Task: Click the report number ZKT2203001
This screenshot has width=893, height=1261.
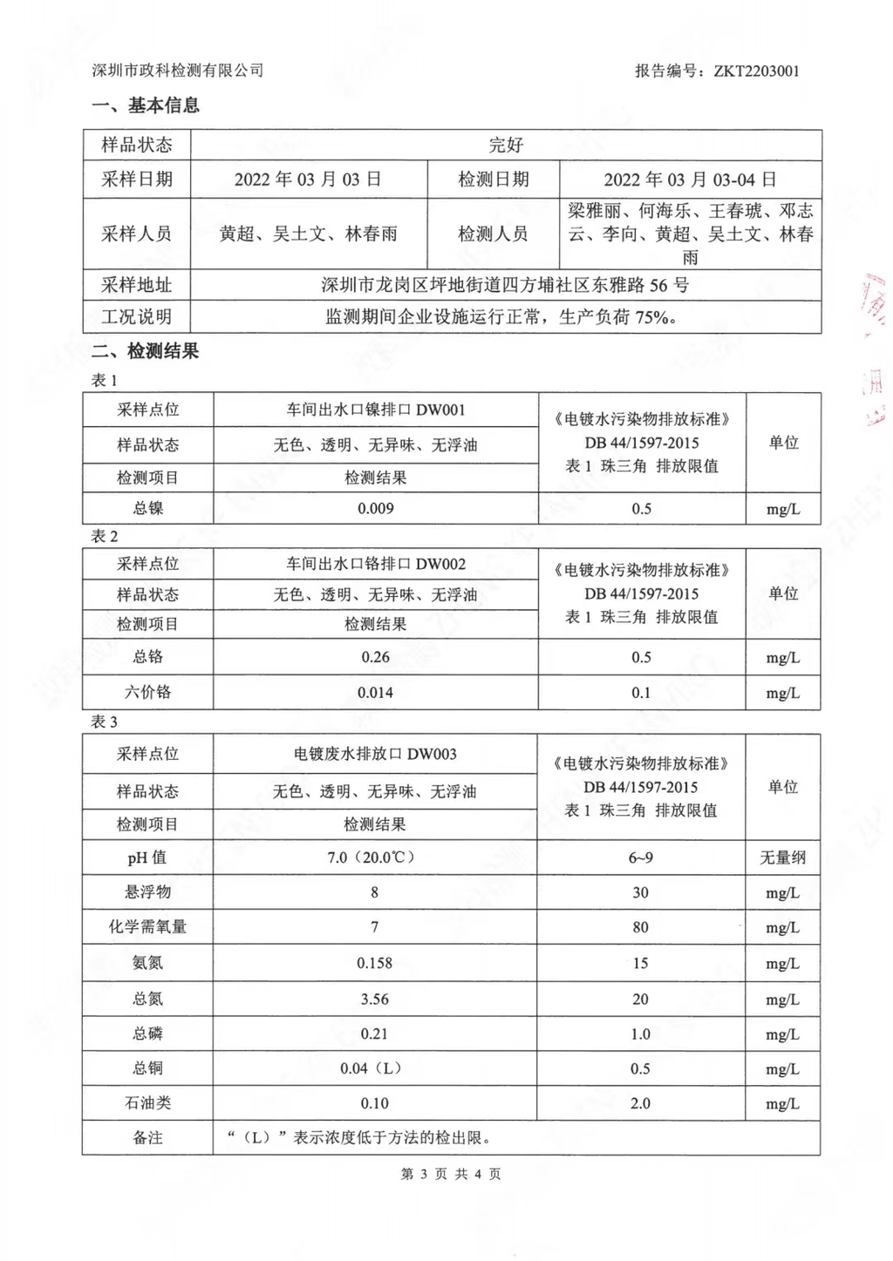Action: pyautogui.click(x=756, y=71)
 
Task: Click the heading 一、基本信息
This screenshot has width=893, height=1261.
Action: pyautogui.click(x=146, y=105)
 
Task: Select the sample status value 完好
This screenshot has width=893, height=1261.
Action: pyautogui.click(x=506, y=145)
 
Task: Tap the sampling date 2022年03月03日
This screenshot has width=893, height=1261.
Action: pyautogui.click(x=308, y=180)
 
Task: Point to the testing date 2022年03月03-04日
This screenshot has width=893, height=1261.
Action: pyautogui.click(x=690, y=180)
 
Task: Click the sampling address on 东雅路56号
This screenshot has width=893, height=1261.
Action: pyautogui.click(x=505, y=285)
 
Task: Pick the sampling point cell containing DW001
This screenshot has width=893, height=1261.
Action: pyautogui.click(x=376, y=410)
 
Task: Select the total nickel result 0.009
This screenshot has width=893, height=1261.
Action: pyautogui.click(x=376, y=508)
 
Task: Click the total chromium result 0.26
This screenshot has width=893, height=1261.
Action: pyautogui.click(x=376, y=657)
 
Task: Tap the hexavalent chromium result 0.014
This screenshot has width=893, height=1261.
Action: pyautogui.click(x=376, y=693)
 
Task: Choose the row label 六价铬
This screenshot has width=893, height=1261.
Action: pyautogui.click(x=147, y=693)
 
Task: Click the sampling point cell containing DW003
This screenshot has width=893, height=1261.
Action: pyautogui.click(x=375, y=754)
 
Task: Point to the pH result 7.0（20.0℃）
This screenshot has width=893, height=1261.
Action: pyautogui.click(x=375, y=858)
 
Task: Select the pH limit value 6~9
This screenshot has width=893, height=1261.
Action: pyautogui.click(x=641, y=858)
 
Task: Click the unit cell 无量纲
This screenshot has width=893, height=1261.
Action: pyautogui.click(x=782, y=858)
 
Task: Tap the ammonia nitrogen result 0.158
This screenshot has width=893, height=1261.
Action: pyautogui.click(x=375, y=963)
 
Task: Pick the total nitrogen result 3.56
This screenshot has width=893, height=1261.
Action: pyautogui.click(x=375, y=999)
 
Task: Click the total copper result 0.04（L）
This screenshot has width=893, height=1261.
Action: pyautogui.click(x=375, y=1068)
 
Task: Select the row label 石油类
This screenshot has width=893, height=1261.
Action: pyautogui.click(x=147, y=1103)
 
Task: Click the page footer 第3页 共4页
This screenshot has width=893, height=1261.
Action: pyautogui.click(x=451, y=1174)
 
